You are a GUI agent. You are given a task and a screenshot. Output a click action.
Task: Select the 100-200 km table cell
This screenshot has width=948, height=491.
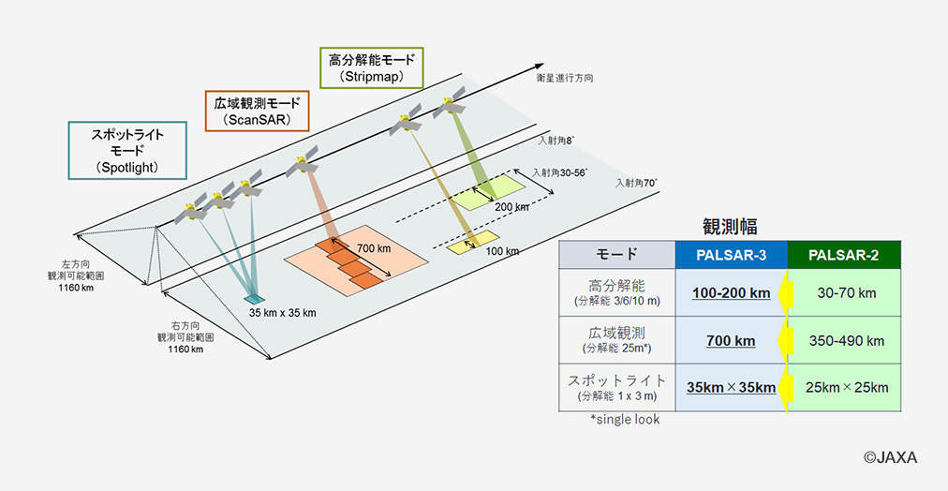click(x=731, y=293)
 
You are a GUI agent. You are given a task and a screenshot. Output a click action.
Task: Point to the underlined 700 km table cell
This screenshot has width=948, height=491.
click(x=731, y=340)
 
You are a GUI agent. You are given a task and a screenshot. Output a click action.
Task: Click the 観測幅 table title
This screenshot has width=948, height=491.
click(x=730, y=226)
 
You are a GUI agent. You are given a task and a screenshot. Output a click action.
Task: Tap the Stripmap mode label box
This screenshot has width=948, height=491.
click(x=371, y=68)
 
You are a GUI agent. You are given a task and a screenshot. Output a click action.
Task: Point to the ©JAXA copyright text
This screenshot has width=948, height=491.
click(x=890, y=457)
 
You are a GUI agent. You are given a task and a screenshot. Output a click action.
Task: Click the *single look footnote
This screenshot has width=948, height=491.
click(x=625, y=419)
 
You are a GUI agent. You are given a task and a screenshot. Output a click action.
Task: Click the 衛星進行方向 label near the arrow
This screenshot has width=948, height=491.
click(x=565, y=78)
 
